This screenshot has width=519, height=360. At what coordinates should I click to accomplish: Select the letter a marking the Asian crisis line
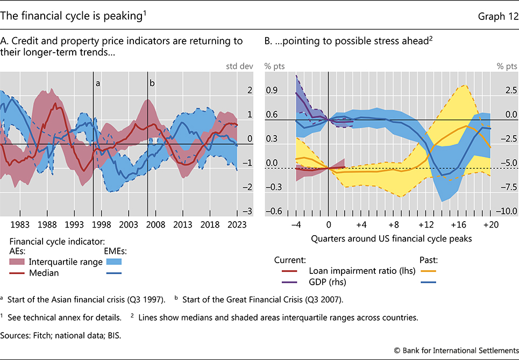point(97,83)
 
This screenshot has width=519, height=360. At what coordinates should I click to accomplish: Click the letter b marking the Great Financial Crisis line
point(152,83)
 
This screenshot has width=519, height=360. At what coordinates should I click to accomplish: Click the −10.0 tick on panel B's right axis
point(505,211)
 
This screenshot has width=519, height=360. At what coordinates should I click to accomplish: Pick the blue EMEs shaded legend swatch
point(112,262)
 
